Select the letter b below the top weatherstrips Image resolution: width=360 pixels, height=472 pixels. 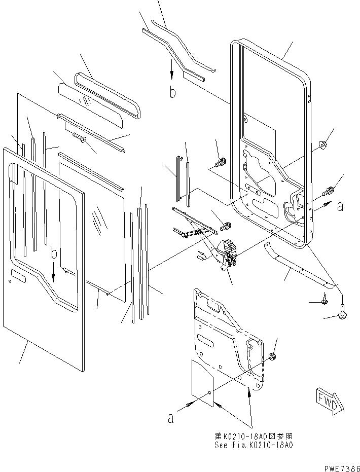(x=172, y=92)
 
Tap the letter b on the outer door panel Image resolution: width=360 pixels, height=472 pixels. (x=53, y=252)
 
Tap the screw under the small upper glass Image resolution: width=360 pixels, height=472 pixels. (x=79, y=136)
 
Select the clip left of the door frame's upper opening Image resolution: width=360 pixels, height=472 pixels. (x=221, y=163)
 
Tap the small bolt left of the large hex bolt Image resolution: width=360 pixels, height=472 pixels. (x=323, y=302)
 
